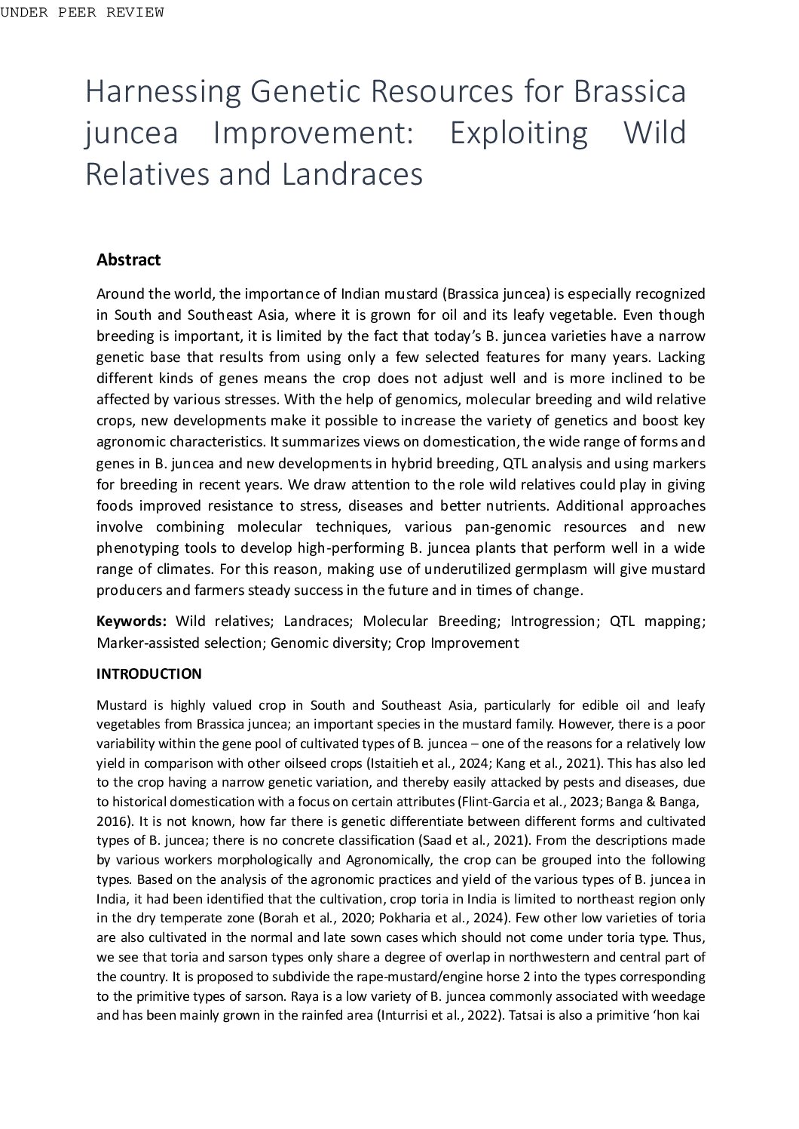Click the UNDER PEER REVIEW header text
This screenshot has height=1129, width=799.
tap(82, 12)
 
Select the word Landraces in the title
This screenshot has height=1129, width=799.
tap(352, 174)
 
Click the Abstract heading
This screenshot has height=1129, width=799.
tap(128, 260)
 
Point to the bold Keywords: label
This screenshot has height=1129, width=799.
tap(131, 621)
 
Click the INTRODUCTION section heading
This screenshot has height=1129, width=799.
tap(148, 674)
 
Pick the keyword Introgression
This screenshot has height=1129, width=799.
tap(553, 621)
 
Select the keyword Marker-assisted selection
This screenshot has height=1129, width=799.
tap(179, 643)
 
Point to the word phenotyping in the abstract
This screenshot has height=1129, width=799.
tap(133, 548)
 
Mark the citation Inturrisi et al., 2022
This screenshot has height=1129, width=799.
tap(439, 1015)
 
